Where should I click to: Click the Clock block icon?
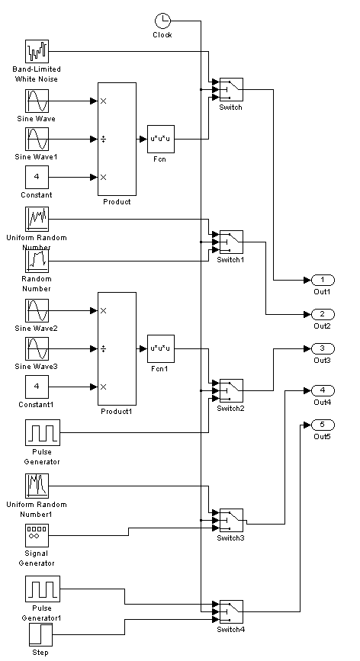pyautogui.click(x=162, y=21)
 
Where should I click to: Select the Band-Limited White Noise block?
pyautogui.click(x=37, y=51)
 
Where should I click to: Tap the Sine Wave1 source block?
pyautogui.click(x=37, y=139)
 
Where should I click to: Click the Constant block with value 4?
pyautogui.click(x=37, y=177)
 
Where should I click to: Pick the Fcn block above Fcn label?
pyautogui.click(x=161, y=139)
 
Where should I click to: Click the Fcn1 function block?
pyautogui.click(x=161, y=348)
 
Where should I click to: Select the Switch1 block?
pyautogui.click(x=231, y=242)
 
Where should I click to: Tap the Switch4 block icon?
pyautogui.click(x=231, y=611)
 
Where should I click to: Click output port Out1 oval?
pyautogui.click(x=323, y=280)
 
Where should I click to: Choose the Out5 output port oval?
pyautogui.click(x=323, y=425)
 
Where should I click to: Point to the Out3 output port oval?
pyautogui.click(x=323, y=348)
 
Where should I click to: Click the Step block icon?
pyautogui.click(x=41, y=635)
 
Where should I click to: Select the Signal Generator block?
pyautogui.click(x=37, y=535)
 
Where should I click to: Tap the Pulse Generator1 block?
pyautogui.click(x=43, y=589)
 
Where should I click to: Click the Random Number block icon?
pyautogui.click(x=37, y=261)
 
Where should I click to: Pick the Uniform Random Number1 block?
pyautogui.click(x=37, y=486)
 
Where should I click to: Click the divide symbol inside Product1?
pyautogui.click(x=103, y=348)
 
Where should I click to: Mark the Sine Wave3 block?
pyautogui.click(x=37, y=348)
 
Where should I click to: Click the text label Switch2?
pyautogui.click(x=230, y=408)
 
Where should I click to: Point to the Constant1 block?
pyautogui.click(x=37, y=387)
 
